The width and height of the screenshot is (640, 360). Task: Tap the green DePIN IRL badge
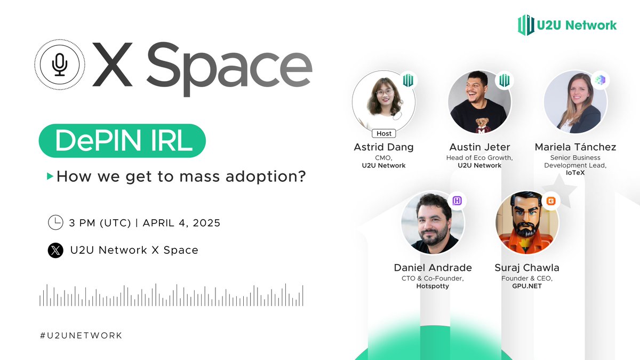tap(122, 141)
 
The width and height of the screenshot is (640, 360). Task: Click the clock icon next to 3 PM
tap(55, 222)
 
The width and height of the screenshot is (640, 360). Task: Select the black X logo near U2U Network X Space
tap(55, 250)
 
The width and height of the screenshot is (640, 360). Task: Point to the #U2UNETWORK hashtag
tap(81, 335)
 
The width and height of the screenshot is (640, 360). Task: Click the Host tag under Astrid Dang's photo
tap(383, 133)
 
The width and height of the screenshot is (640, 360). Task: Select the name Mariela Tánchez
tap(575, 147)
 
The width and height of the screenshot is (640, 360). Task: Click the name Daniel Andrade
tap(433, 268)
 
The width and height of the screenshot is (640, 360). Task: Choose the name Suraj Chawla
tap(527, 268)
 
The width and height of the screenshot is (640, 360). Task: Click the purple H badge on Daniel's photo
tap(457, 201)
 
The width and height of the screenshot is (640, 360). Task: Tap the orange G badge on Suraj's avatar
tap(551, 201)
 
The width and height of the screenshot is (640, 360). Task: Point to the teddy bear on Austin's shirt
tap(481, 121)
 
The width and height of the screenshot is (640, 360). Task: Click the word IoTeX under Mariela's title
tap(575, 173)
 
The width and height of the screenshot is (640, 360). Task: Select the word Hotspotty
tap(433, 286)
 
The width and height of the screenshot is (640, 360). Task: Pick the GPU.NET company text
tap(527, 286)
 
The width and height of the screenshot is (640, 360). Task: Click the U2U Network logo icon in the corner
tap(526, 25)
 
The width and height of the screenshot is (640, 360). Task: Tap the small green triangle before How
tap(50, 176)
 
